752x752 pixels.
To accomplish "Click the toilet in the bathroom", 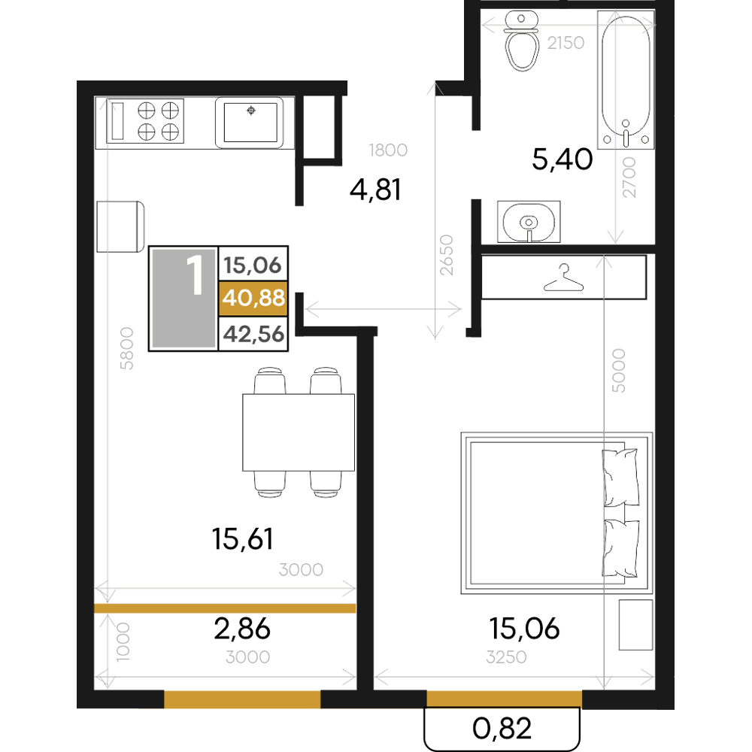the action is [522, 41].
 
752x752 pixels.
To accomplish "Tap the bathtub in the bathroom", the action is [626, 80].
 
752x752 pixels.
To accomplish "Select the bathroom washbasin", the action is [529, 222].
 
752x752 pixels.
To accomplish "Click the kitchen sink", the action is [250, 123].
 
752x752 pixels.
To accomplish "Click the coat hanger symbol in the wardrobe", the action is [563, 278].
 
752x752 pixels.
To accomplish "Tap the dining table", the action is [299, 432].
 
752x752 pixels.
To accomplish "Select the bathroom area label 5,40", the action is [562, 159].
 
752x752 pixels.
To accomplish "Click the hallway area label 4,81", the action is [375, 190].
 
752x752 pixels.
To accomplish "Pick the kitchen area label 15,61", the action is [243, 538].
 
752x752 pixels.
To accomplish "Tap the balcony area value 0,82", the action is [502, 729].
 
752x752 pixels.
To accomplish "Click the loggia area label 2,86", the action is [242, 629].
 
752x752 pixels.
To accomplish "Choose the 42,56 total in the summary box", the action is [253, 334].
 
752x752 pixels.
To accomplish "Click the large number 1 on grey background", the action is [195, 274].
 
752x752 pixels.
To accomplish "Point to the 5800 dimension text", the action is [126, 348].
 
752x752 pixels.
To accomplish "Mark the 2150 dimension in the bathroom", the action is [566, 43].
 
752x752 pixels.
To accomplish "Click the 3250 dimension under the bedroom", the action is [506, 657].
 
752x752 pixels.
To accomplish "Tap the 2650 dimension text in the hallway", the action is [447, 255].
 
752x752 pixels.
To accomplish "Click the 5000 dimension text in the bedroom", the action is [619, 371].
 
